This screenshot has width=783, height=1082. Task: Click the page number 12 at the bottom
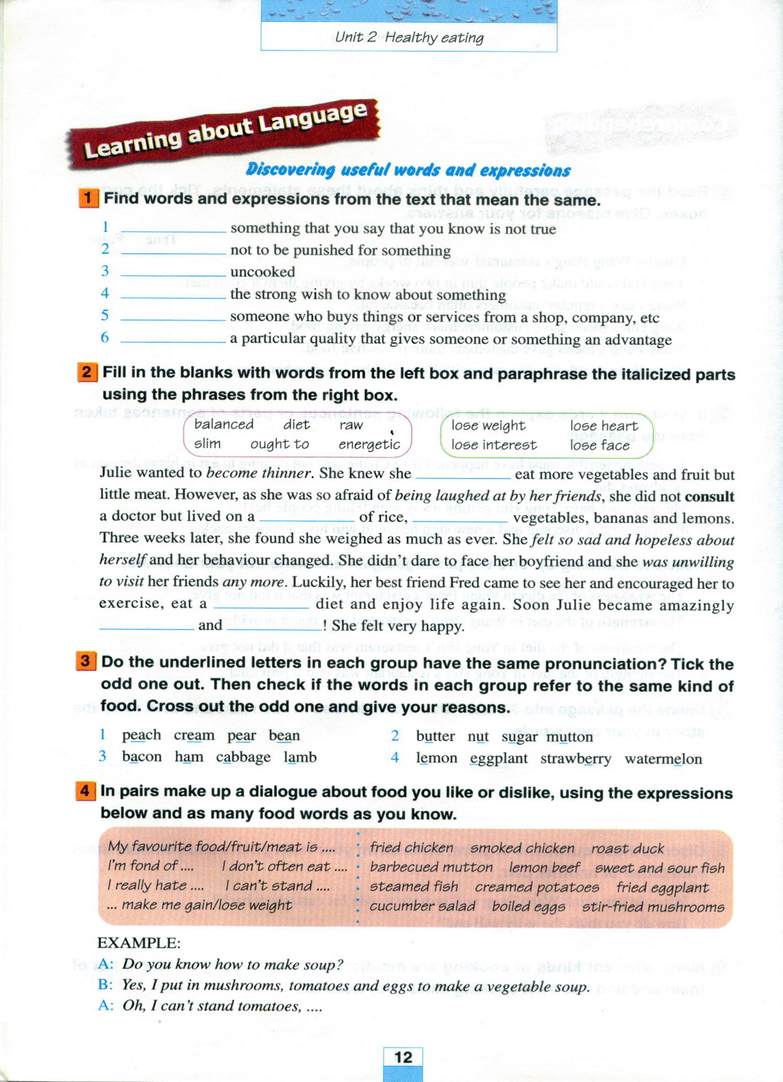[403, 1058]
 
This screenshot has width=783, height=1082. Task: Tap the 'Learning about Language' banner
[225, 131]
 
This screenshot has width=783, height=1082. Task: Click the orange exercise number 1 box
[88, 198]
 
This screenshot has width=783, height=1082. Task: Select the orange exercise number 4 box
[86, 791]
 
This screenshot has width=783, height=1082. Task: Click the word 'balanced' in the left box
[223, 424]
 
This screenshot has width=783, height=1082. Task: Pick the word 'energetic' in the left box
[369, 444]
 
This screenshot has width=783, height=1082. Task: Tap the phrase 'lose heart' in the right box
[603, 425]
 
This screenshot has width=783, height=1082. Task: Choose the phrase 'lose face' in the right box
[599, 445]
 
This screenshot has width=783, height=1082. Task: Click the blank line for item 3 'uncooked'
[174, 274]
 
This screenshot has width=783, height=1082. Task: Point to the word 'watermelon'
[663, 759]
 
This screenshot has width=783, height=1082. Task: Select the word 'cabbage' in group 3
[243, 757]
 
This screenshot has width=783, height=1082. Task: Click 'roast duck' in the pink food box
[628, 848]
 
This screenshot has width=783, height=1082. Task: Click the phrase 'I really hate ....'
[155, 885]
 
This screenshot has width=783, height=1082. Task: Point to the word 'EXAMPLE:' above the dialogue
[138, 942]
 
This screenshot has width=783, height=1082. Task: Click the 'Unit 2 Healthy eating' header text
[409, 37]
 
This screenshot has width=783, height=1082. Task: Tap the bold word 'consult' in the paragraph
[710, 496]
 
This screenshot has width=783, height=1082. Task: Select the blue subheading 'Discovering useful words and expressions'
[408, 170]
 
